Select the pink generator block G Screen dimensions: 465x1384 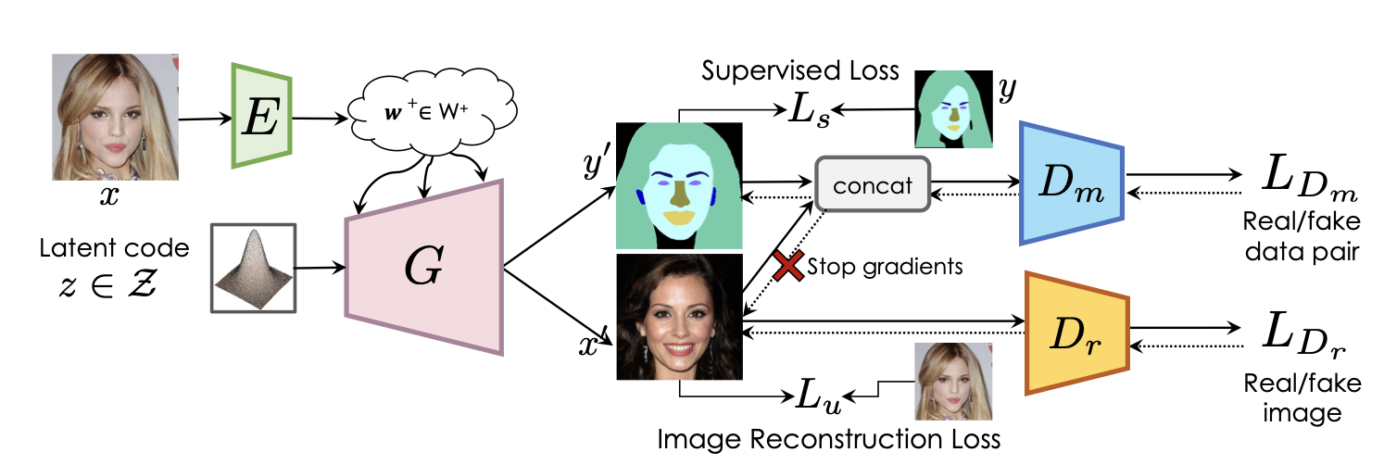point(423,267)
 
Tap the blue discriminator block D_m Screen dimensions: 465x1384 point(1071,183)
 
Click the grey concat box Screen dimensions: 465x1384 point(871,184)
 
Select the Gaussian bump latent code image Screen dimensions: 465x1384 point(253,268)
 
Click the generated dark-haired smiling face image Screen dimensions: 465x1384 point(679,318)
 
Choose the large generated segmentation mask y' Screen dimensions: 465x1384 point(679,186)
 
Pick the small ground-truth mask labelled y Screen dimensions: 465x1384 point(952,109)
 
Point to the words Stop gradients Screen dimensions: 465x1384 point(885,267)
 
